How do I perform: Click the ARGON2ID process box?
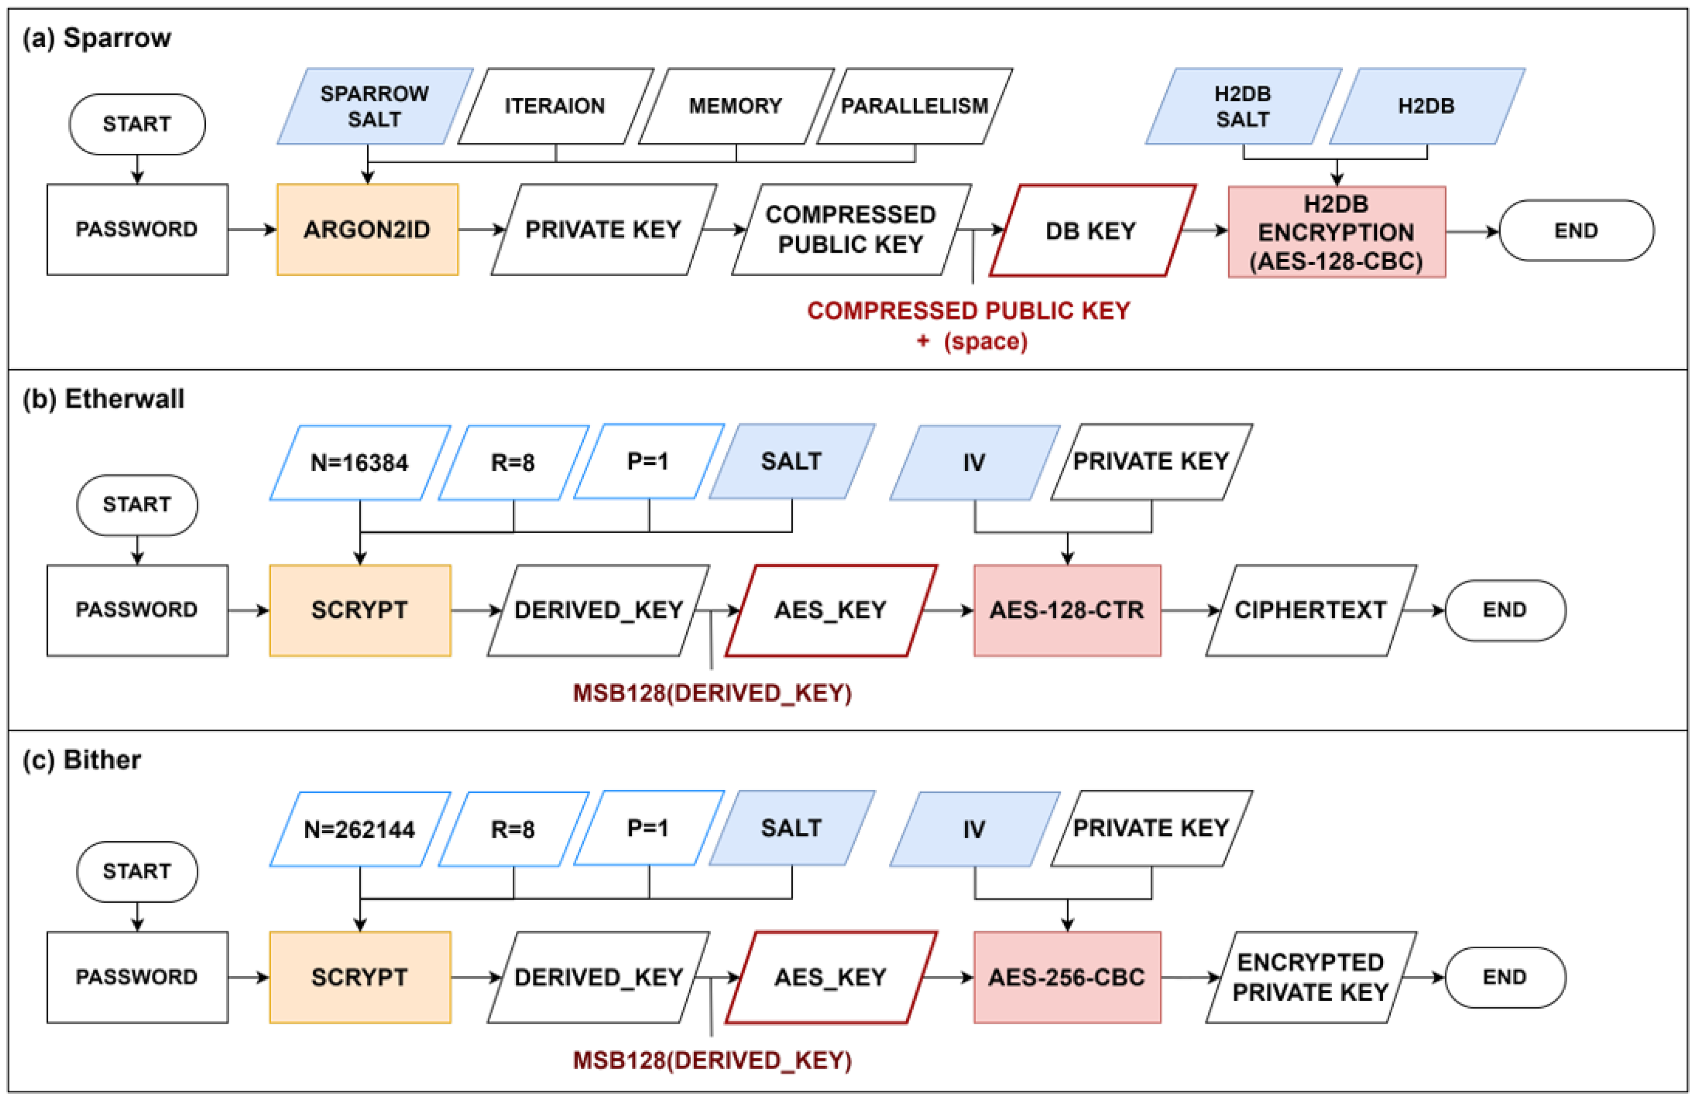tap(368, 229)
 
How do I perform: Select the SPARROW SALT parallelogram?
tap(374, 106)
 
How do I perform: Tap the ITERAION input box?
tap(555, 106)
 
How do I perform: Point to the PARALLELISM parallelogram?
tap(915, 106)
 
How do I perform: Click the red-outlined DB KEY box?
tap(1091, 230)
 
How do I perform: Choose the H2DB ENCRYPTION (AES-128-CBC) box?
tap(1336, 232)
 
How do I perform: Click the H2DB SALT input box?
tap(1243, 106)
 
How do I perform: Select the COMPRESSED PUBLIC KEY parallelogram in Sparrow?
tap(851, 229)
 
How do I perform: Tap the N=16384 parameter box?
tap(360, 463)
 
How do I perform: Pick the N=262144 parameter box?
tap(360, 829)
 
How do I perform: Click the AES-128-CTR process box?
tap(1067, 610)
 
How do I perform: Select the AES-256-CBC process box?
tap(1067, 977)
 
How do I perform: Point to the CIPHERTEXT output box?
tap(1310, 610)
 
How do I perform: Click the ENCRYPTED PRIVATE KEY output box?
tap(1310, 977)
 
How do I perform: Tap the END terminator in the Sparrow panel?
tap(1576, 230)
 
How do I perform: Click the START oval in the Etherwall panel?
tap(137, 505)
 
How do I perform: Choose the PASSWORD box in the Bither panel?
tap(137, 977)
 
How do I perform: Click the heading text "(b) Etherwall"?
tap(103, 399)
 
